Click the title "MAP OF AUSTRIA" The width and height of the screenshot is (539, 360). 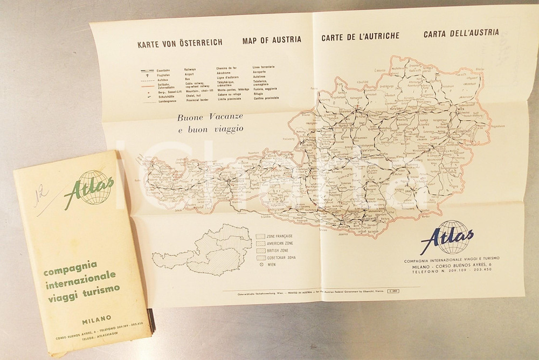[272, 39]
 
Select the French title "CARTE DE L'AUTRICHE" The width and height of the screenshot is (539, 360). [360, 37]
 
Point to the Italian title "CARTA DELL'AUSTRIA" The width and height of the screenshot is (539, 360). [461, 33]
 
